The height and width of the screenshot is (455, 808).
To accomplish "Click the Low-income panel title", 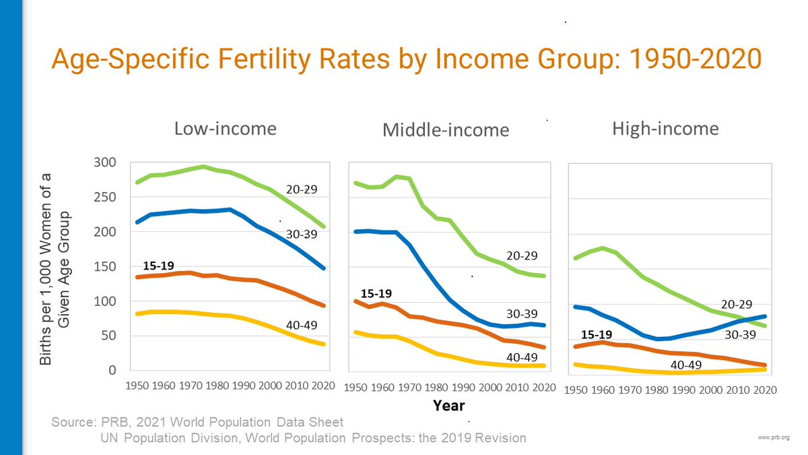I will (x=225, y=128).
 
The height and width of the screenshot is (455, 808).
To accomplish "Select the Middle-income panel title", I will (x=446, y=129).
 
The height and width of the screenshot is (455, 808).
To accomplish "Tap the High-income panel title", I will (x=665, y=128).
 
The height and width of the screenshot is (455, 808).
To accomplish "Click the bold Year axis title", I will (x=448, y=406).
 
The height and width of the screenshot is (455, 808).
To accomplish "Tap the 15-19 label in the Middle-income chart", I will (x=376, y=293).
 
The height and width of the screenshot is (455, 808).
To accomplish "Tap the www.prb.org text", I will (x=774, y=437).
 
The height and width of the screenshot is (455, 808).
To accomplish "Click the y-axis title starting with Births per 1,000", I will (x=55, y=268).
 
